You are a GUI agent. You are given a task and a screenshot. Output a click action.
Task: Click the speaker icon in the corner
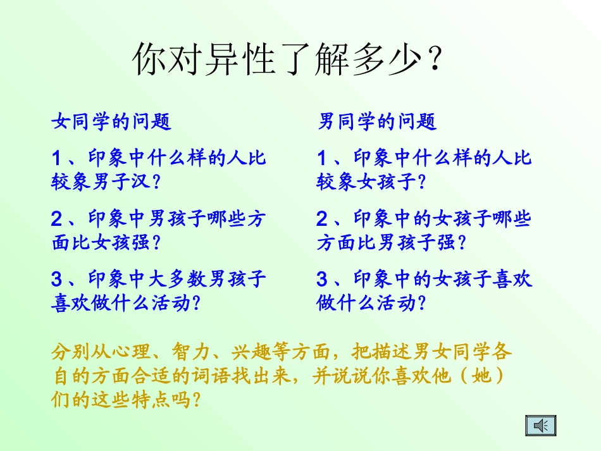[540, 426]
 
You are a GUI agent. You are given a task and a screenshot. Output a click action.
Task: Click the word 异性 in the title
[223, 60]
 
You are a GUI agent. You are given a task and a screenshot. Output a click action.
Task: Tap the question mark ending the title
[433, 60]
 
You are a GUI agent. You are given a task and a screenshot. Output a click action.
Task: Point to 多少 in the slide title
[388, 60]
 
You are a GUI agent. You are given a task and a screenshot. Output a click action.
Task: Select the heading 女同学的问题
[111, 121]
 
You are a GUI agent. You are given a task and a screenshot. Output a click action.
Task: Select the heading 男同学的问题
[377, 121]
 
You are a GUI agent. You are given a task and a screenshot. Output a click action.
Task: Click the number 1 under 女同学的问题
[57, 158]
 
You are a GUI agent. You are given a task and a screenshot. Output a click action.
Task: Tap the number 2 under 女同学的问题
[57, 219]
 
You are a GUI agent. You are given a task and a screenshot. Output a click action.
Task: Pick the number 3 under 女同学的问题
[57, 279]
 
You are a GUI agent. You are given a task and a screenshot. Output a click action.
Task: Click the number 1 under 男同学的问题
[322, 158]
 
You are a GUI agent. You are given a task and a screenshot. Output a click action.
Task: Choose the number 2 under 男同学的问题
[322, 219]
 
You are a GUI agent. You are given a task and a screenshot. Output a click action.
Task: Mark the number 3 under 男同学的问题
[322, 279]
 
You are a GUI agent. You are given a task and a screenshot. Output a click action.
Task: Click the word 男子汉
[121, 182]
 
